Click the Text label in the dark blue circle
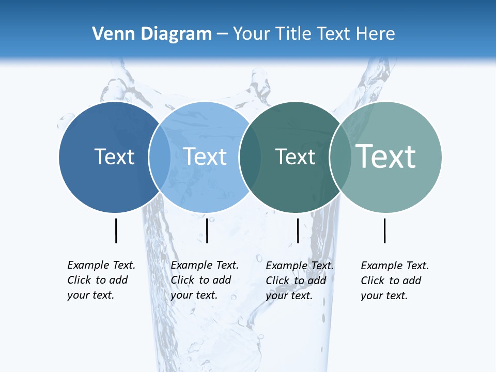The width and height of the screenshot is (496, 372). click(x=115, y=157)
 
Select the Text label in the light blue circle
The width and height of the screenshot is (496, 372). click(x=205, y=157)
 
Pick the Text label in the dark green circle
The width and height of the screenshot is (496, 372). click(x=295, y=157)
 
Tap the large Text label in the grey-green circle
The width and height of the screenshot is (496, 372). click(x=386, y=156)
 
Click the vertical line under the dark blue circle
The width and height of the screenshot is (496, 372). click(x=116, y=230)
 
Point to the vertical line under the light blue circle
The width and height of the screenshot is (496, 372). click(x=207, y=230)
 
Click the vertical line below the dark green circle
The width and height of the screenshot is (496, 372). click(x=298, y=230)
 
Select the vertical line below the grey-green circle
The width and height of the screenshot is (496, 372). click(x=384, y=230)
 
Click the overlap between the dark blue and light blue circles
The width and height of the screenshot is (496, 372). click(x=160, y=157)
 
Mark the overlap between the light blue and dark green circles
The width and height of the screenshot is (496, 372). click(x=250, y=157)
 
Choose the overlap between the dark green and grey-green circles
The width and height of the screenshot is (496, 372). click(x=340, y=157)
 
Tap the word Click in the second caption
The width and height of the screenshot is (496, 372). click(x=182, y=280)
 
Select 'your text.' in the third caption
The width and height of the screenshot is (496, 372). click(x=289, y=296)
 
